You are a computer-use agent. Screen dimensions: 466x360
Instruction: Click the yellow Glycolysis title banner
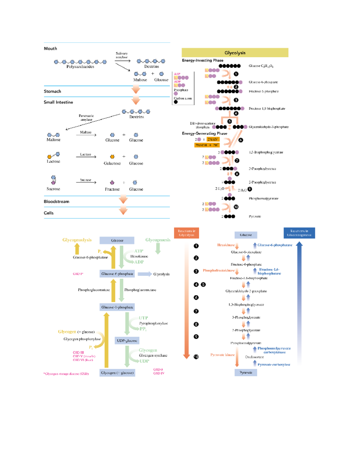[235, 53]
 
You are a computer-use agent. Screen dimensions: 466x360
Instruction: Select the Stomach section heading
[52, 91]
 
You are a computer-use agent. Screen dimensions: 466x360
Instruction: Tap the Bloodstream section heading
[56, 201]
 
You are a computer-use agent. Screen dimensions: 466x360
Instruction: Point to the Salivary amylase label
[121, 55]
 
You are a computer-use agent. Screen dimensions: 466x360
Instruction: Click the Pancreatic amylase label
[86, 118]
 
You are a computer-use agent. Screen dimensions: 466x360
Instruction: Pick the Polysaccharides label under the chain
[80, 67]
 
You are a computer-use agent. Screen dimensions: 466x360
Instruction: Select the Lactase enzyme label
[85, 154]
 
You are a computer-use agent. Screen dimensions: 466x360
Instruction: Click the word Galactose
[112, 163]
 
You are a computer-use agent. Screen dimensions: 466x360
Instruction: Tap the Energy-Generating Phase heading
[204, 133]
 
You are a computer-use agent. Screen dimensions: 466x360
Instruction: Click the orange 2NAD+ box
[213, 139]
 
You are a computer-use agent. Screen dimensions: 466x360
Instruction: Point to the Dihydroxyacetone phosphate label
[202, 125]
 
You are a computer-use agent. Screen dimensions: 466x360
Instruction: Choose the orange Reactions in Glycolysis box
[186, 233]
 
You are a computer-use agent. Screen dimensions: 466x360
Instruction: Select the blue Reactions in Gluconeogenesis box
[299, 233]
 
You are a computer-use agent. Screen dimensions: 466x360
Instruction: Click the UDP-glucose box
[127, 341]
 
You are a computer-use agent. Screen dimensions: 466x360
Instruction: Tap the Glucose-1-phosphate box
[117, 307]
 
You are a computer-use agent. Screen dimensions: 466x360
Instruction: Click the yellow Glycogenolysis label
[77, 240]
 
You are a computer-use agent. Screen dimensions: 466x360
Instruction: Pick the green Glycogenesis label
[158, 240]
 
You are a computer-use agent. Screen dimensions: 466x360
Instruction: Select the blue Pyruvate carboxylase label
[274, 365]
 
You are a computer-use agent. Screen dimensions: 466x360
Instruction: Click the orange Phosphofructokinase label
[218, 270]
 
